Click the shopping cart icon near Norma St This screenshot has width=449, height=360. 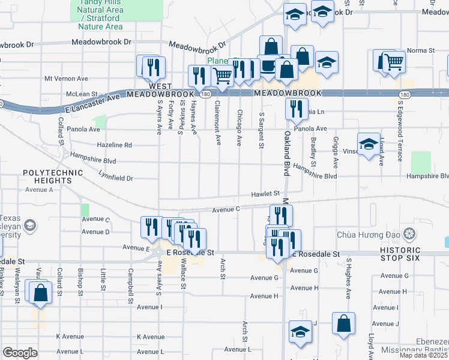(x=393, y=61)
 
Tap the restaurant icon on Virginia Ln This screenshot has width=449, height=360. (x=295, y=109)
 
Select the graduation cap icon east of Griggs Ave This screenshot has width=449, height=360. (x=368, y=144)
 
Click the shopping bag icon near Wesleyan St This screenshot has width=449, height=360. (x=40, y=293)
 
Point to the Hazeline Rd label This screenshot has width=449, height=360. (x=114, y=145)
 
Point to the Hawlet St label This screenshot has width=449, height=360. (x=266, y=194)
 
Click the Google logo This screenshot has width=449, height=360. (x=20, y=352)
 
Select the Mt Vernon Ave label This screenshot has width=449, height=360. (x=66, y=79)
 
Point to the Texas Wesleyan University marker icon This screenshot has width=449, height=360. (x=28, y=226)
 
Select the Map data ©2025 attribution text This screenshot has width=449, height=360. (x=423, y=355)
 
